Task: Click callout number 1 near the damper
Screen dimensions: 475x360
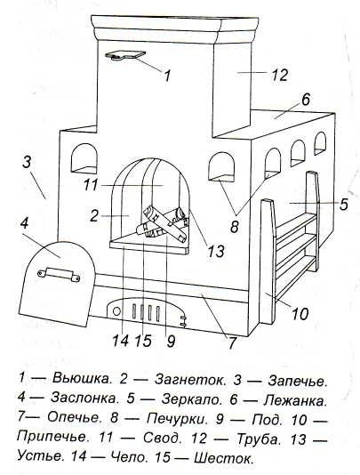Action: (167, 75)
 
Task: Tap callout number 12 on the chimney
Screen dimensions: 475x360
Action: (280, 76)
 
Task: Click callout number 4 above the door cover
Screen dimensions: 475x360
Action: (26, 222)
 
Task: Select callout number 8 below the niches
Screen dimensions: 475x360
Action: (235, 228)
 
